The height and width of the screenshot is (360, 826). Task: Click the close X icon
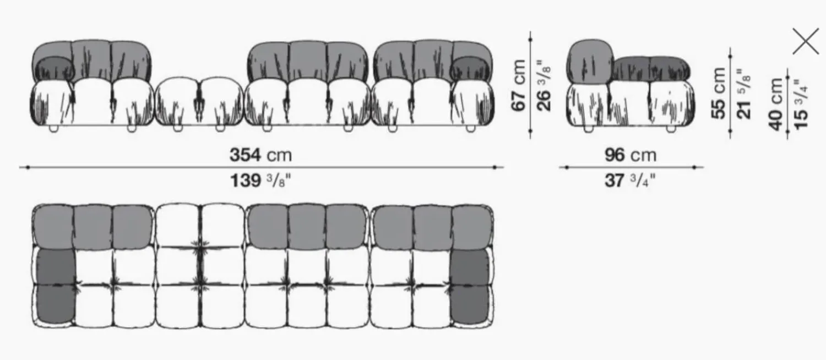tap(806, 41)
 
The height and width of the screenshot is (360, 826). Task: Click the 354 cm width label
tap(260, 155)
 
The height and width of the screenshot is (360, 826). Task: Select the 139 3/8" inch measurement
tap(260, 180)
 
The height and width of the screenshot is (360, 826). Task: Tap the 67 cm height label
tap(519, 85)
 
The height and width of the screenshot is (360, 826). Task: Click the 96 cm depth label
tap(631, 155)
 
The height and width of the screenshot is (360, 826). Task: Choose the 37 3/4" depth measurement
tap(631, 180)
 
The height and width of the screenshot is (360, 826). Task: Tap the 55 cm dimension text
tap(719, 92)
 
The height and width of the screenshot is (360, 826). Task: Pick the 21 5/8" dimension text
tap(744, 92)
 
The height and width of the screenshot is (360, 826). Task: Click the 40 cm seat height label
tap(776, 103)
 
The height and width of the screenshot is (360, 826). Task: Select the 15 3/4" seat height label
tap(801, 103)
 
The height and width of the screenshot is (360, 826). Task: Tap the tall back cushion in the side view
tap(590, 61)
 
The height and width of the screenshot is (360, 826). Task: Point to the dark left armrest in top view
tap(55, 286)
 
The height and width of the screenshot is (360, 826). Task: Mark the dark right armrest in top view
tap(469, 286)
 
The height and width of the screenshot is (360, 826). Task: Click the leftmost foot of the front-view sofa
tap(53, 128)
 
